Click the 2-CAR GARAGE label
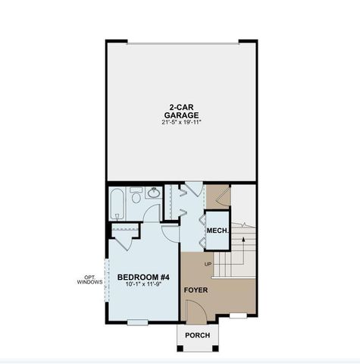point(180,111)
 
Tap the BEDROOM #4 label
point(142,277)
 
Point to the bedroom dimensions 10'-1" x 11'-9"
point(142,285)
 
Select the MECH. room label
point(218,231)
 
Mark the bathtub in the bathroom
point(118,202)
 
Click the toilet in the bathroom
point(136,199)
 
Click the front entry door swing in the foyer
point(193,308)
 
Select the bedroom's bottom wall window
point(137,322)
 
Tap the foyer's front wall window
point(237,315)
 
